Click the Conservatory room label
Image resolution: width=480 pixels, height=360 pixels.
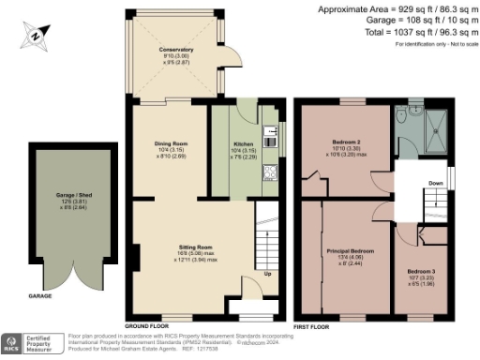(176, 49)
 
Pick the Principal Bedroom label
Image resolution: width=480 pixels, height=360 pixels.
(350, 251)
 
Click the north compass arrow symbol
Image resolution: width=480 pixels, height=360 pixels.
(36, 36)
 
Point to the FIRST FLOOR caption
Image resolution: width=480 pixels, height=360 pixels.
(311, 327)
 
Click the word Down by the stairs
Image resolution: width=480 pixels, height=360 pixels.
(436, 184)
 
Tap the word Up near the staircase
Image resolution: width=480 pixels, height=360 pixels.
(267, 274)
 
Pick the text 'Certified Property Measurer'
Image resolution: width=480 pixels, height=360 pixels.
(45, 344)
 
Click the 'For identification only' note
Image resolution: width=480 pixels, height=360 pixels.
(435, 44)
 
